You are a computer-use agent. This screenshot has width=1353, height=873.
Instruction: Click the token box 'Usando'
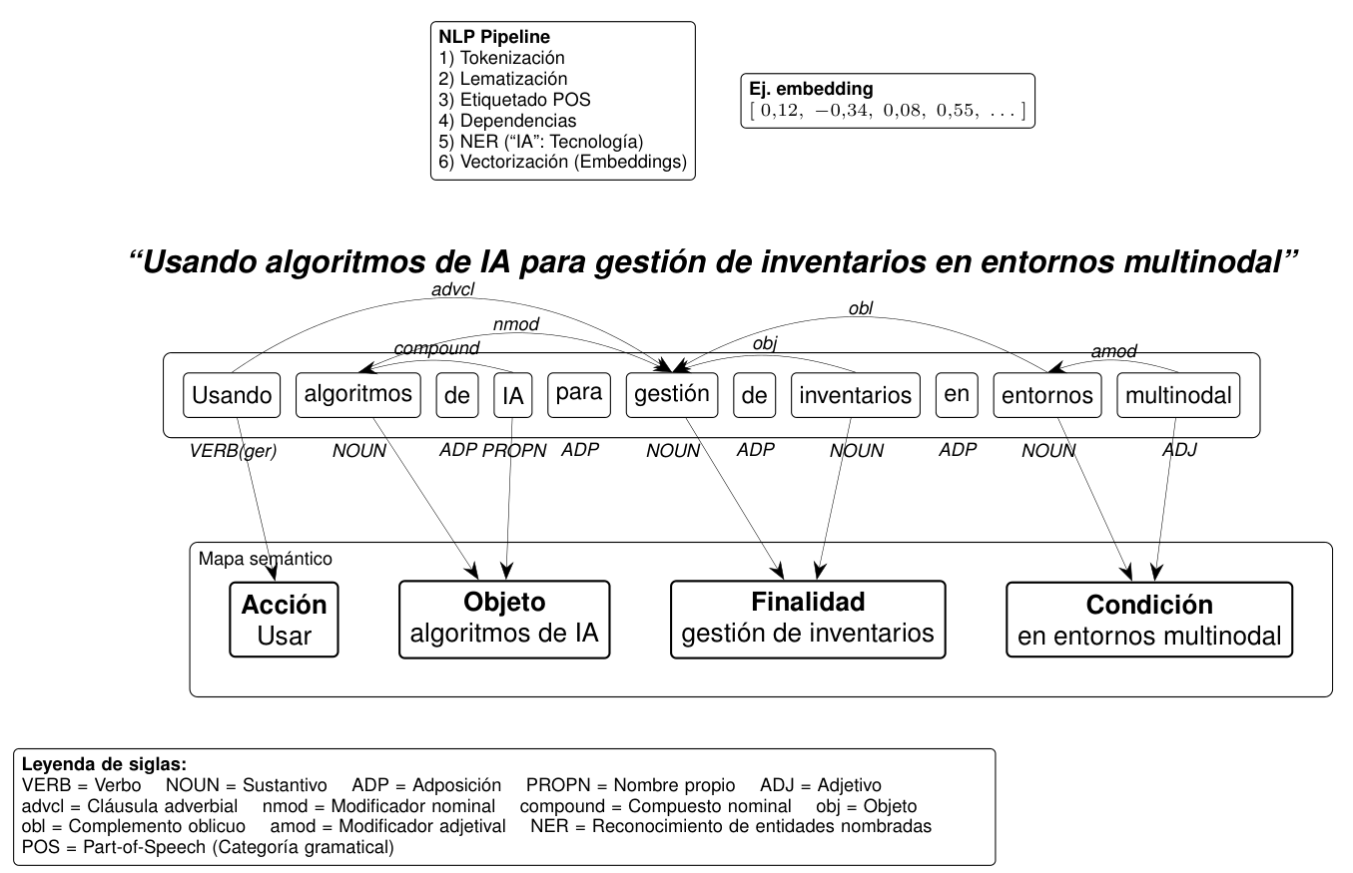pyautogui.click(x=232, y=395)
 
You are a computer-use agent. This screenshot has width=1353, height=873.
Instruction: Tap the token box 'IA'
pyautogui.click(x=512, y=395)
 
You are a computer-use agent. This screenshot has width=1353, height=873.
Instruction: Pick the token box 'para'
pyautogui.click(x=578, y=394)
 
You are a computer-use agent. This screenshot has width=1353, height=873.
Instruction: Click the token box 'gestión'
pyautogui.click(x=672, y=394)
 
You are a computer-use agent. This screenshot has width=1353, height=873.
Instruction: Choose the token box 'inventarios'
pyautogui.click(x=856, y=395)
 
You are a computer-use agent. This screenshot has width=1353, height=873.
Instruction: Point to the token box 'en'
pyautogui.click(x=956, y=394)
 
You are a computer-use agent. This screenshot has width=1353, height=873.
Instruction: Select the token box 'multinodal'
pyautogui.click(x=1177, y=395)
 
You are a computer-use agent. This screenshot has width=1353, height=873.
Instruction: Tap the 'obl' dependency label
pyautogui.click(x=860, y=309)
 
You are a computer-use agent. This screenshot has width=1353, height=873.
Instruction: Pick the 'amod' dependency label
pyautogui.click(x=1113, y=351)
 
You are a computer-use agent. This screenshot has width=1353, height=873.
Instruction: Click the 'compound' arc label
pyautogui.click(x=436, y=348)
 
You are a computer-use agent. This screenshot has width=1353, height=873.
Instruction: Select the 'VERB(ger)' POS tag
pyautogui.click(x=233, y=451)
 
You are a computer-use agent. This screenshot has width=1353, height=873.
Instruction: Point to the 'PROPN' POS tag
pyautogui.click(x=515, y=451)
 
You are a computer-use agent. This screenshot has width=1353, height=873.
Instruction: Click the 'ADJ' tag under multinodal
pyautogui.click(x=1178, y=451)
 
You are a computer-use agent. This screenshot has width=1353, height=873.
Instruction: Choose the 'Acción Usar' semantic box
pyautogui.click(x=284, y=620)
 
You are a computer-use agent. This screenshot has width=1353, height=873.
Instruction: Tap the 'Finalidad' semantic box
pyautogui.click(x=807, y=618)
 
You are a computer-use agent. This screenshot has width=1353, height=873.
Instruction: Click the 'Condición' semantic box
pyautogui.click(x=1148, y=620)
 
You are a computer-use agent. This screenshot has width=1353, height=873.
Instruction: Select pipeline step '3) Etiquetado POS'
pyautogui.click(x=511, y=100)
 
